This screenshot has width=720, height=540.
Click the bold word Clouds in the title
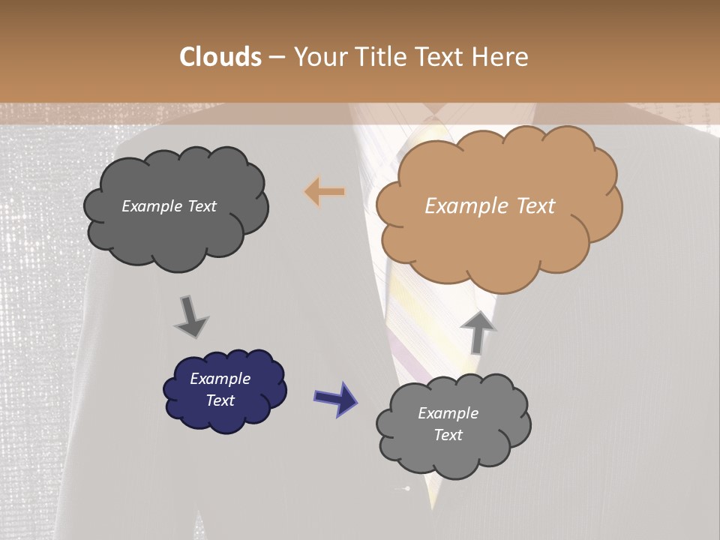(x=221, y=57)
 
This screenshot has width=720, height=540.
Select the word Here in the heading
(x=502, y=57)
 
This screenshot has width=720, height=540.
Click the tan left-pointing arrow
(x=324, y=192)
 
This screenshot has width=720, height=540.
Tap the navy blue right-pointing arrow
(x=336, y=398)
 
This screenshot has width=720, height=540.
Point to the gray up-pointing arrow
(x=478, y=331)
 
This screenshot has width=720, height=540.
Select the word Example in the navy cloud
(x=220, y=379)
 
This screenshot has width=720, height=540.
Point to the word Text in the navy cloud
(x=220, y=400)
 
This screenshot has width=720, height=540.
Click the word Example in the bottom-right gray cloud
(x=448, y=413)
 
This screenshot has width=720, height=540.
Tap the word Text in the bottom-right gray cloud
(x=448, y=435)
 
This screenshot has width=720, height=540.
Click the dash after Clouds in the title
(x=276, y=58)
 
